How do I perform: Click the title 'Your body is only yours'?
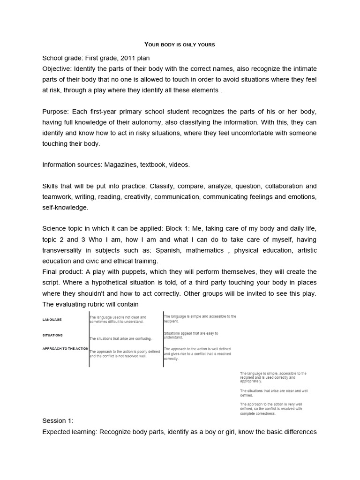pos(180,45)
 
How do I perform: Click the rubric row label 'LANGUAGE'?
pos(52,320)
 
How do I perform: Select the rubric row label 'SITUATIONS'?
pos(52,336)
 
